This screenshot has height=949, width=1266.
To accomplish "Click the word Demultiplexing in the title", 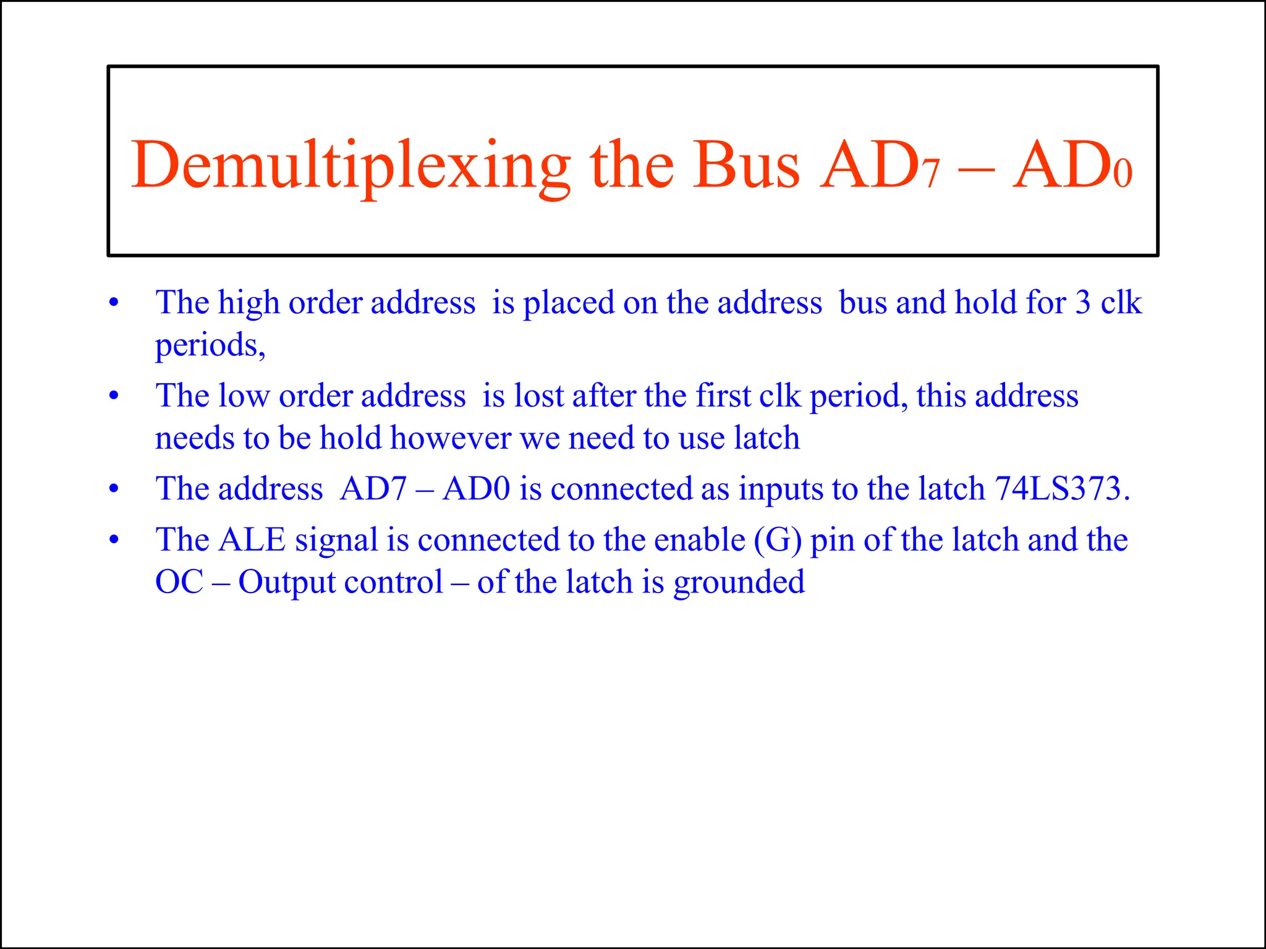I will (350, 166).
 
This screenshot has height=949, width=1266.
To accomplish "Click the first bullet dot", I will (113, 303).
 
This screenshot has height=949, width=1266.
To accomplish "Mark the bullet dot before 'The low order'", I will (113, 396).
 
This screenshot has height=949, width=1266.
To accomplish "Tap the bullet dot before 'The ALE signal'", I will (113, 540).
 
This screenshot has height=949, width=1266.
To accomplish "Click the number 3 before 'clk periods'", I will (1082, 303).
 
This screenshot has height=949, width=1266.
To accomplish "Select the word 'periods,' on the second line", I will (210, 345).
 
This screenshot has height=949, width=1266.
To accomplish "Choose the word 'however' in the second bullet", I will (450, 438).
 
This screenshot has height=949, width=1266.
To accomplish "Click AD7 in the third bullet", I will (373, 489).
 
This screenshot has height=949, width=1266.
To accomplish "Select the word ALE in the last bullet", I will (252, 539).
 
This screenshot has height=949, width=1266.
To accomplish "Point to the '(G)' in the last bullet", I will (778, 540).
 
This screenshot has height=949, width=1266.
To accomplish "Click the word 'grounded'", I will (739, 582).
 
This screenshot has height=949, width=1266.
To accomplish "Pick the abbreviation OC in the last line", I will (179, 582).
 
